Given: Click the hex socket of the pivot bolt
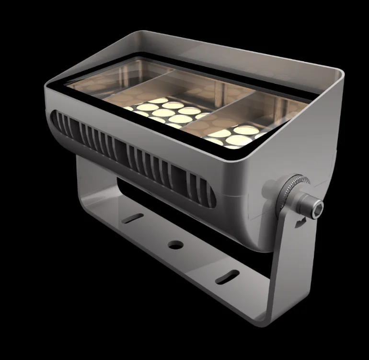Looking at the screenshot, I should pos(317,206).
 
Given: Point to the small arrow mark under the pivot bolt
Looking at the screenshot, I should pos(301,222).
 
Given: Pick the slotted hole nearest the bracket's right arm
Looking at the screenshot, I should pos(227,277).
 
